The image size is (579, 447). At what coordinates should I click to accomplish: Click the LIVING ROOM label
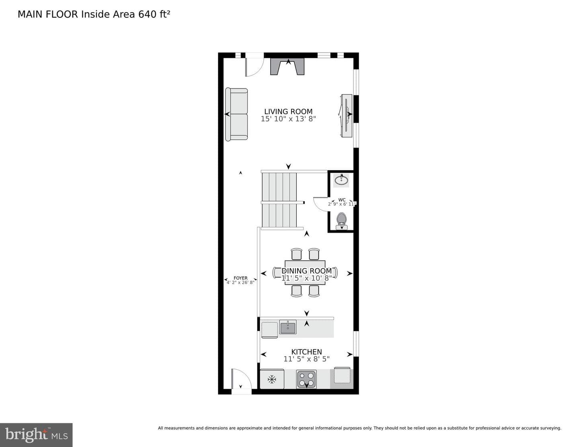(288, 111)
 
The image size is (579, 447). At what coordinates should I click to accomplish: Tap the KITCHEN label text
(306, 352)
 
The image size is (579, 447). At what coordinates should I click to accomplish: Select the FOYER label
(240, 278)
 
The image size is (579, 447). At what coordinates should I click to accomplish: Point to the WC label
(342, 200)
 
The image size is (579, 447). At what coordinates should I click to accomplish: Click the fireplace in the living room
(287, 67)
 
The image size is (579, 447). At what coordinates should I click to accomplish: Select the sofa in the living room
(236, 114)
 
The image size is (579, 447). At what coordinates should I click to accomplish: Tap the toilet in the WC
(341, 221)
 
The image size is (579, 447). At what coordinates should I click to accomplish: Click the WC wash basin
(341, 180)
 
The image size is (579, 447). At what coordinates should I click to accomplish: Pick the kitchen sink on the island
(287, 327)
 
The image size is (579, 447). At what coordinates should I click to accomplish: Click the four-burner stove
(306, 379)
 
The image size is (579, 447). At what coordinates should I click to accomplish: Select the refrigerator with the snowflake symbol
(272, 379)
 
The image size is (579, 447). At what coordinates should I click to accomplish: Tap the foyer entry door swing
(241, 378)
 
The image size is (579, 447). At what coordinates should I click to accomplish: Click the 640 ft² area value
(154, 14)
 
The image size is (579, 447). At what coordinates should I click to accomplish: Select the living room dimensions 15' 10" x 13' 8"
(288, 119)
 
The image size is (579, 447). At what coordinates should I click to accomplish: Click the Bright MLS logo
(36, 435)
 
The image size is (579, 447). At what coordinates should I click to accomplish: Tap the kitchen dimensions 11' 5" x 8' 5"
(306, 359)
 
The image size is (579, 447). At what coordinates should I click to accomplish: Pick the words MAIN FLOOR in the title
(48, 14)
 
